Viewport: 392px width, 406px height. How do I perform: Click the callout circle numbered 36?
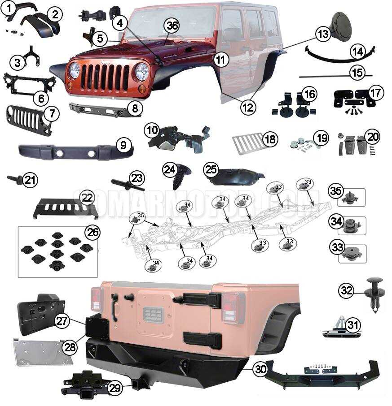pyautogui.click(x=172, y=26)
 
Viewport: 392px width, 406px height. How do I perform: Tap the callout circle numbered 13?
pyautogui.click(x=322, y=34)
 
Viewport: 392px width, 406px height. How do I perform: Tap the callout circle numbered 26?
pyautogui.click(x=93, y=232)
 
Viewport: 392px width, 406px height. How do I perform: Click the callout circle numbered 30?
pyautogui.click(x=260, y=368)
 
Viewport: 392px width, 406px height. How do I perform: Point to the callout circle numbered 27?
pyautogui.click(x=62, y=321)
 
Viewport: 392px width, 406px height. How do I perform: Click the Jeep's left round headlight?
pyautogui.click(x=75, y=70)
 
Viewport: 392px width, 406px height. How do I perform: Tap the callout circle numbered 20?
pyautogui.click(x=373, y=136)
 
